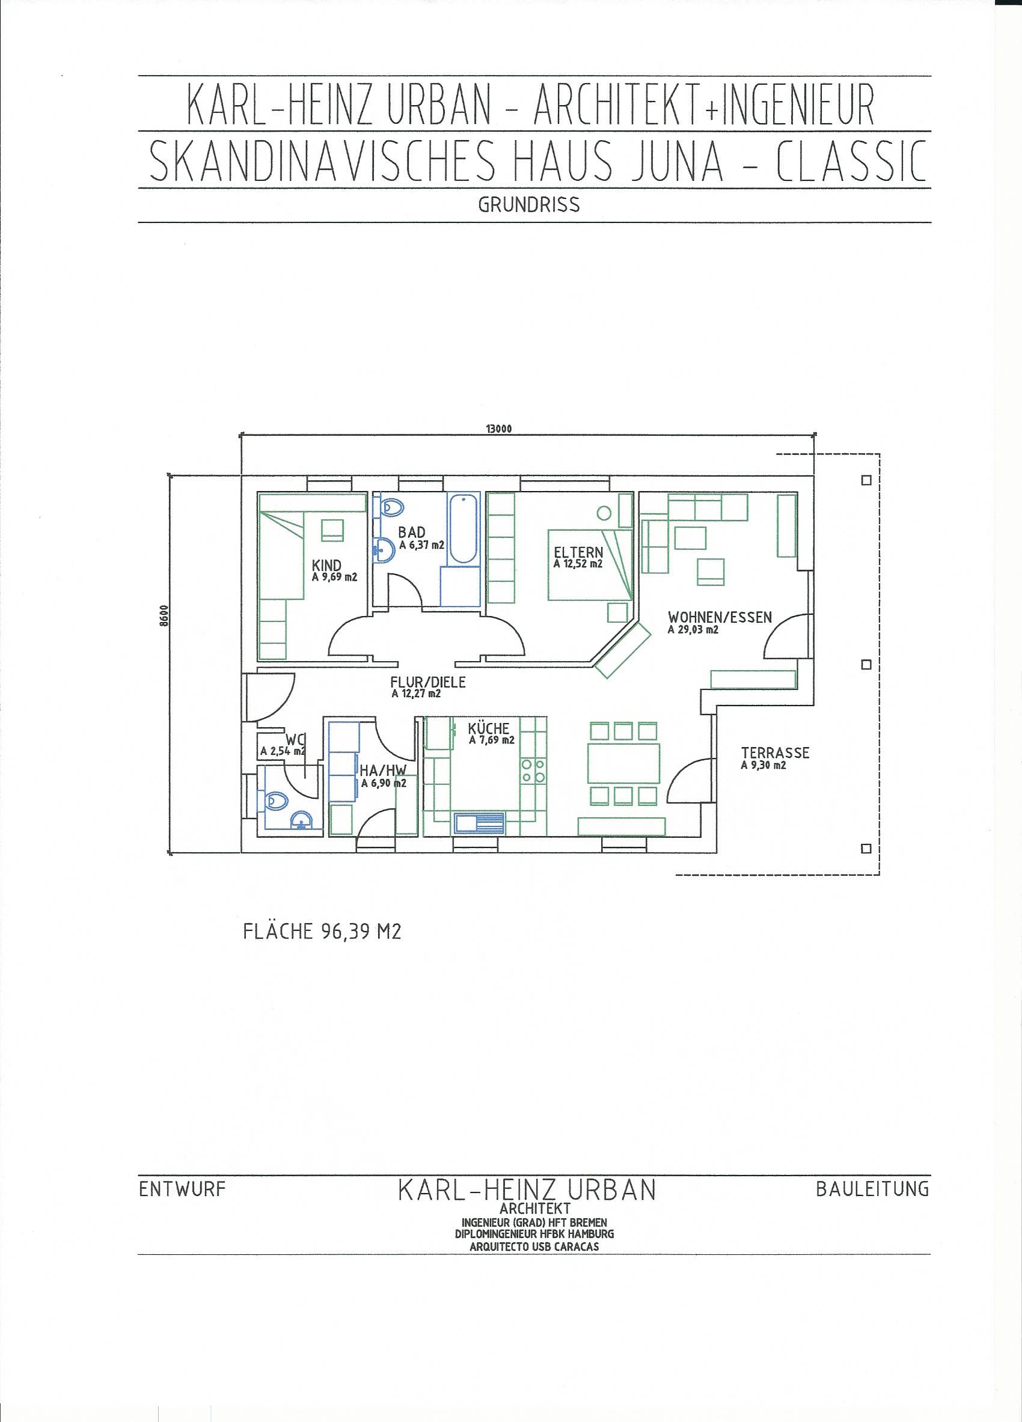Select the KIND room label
click(x=326, y=566)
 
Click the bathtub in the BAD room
click(x=464, y=528)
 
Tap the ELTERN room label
click(x=578, y=552)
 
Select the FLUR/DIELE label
click(x=427, y=682)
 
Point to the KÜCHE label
click(x=488, y=728)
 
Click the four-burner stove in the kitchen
click(x=532, y=771)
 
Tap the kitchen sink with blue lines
click(x=480, y=823)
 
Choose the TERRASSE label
click(x=775, y=752)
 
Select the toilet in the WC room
click(x=276, y=801)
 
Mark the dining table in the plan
click(x=624, y=764)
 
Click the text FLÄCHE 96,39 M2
click(x=322, y=932)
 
